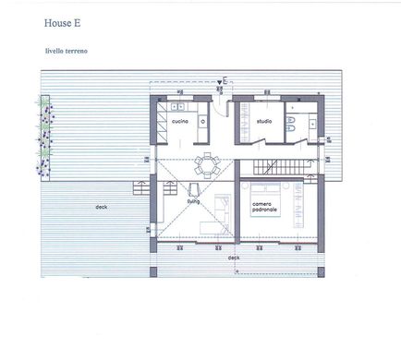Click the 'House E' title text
(x=62, y=23)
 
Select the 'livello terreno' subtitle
(x=67, y=51)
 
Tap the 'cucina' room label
(x=180, y=121)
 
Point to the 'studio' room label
(x=264, y=121)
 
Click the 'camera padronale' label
(x=264, y=207)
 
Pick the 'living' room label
(x=193, y=201)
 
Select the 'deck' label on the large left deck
(x=102, y=207)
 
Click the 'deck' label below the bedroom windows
(x=234, y=258)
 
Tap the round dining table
(x=207, y=165)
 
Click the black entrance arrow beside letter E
(x=219, y=82)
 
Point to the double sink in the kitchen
(x=177, y=106)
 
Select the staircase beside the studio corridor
(x=282, y=167)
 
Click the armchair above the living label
(x=194, y=189)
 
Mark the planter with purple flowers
(x=45, y=138)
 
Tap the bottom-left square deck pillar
(x=153, y=272)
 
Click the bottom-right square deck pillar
(x=321, y=272)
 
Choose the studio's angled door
(x=257, y=142)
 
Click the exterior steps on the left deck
(x=141, y=187)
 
